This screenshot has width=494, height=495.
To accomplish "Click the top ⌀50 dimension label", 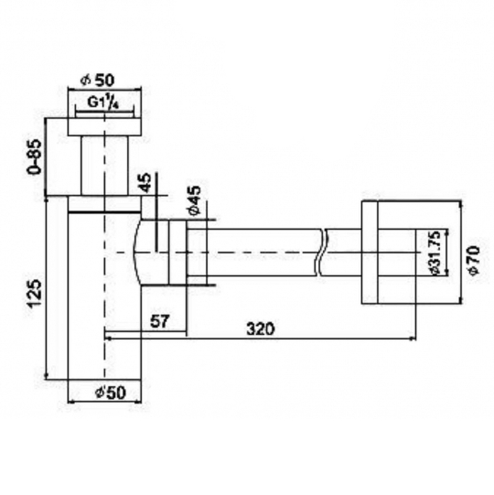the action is pos(98,80).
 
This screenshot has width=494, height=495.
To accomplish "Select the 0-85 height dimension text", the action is pos(35,157).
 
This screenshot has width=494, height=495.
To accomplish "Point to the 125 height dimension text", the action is pos(35,293).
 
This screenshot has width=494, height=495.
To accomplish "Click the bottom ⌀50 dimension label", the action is pos(110,392).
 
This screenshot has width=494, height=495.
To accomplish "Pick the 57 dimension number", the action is pos(160,321).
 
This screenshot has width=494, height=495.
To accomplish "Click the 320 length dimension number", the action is pos(260,329).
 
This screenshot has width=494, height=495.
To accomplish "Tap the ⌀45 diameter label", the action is pos(194,200).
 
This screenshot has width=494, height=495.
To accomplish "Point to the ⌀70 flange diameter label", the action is pos(474,260).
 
